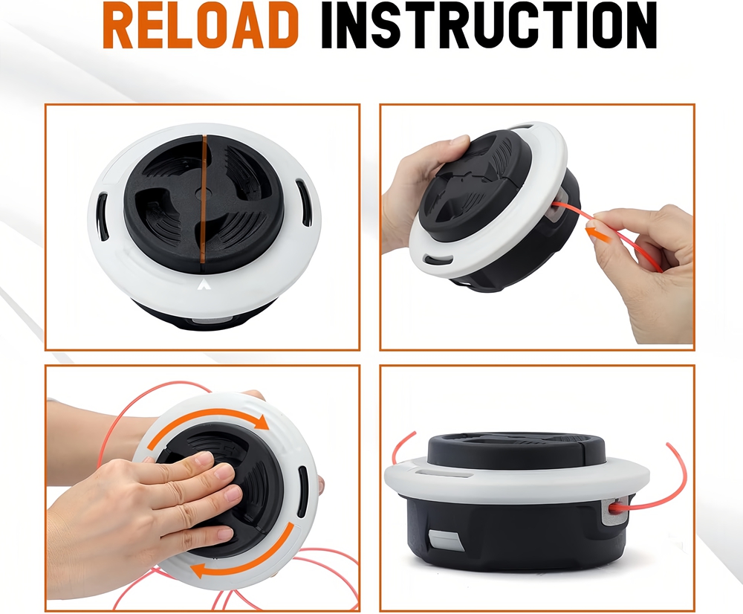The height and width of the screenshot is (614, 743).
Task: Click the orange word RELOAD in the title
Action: (201, 27)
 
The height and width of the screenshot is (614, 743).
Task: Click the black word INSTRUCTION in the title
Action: (489, 27)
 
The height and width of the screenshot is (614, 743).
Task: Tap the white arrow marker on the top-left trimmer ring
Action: (204, 284)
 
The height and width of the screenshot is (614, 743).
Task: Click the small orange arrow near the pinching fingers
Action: (594, 233)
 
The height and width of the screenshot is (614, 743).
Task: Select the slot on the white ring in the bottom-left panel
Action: (302, 493)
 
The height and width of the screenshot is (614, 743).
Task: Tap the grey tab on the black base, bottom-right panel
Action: (444, 540)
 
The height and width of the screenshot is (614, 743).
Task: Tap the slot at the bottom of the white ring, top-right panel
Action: (438, 260)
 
